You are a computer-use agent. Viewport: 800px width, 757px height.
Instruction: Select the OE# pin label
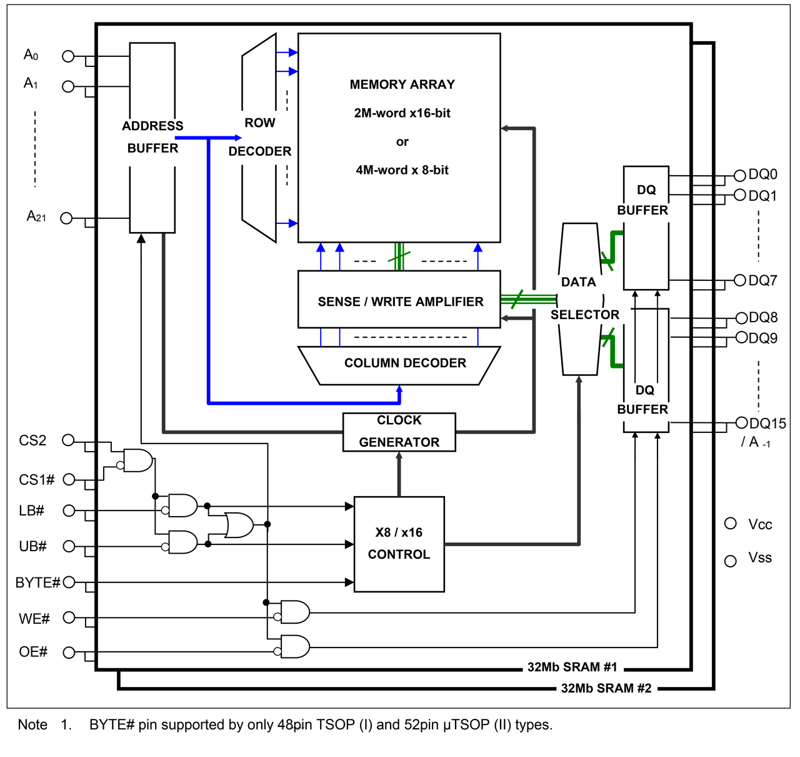(33, 652)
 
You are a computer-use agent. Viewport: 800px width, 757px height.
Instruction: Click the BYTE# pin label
(37, 582)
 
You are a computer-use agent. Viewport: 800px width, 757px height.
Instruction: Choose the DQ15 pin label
(767, 424)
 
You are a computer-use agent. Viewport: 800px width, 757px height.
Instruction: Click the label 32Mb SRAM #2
(606, 688)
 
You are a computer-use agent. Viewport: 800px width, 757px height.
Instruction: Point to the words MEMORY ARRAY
(402, 84)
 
